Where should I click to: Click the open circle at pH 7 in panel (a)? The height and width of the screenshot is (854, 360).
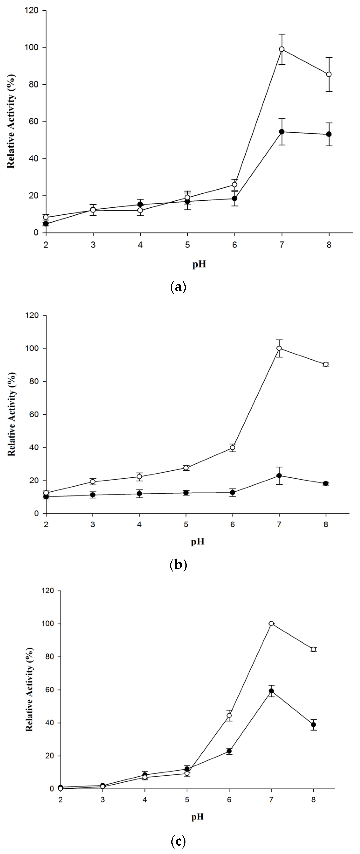[x=282, y=49]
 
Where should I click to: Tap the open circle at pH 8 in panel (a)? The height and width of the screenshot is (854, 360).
[x=329, y=74]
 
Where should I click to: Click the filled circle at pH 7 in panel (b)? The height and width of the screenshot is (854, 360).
[x=279, y=475]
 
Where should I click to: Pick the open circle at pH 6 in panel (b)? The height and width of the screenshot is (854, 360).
[x=233, y=448]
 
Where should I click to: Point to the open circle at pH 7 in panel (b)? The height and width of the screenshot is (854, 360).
[x=279, y=348]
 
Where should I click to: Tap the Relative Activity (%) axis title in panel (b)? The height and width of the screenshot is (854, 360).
[x=12, y=414]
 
